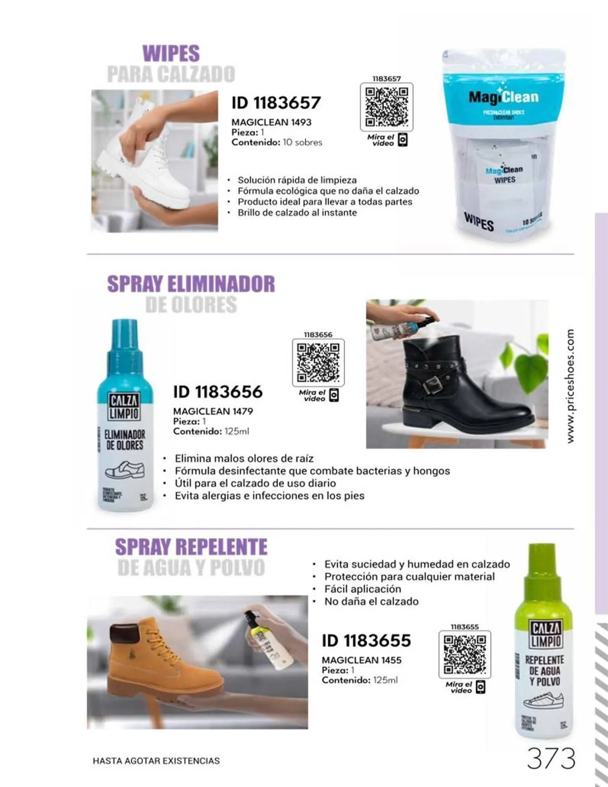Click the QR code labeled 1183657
point(386,107)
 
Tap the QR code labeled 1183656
point(318,362)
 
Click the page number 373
point(551,759)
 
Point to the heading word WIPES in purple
point(171,54)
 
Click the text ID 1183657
point(276,103)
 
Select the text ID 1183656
point(218,392)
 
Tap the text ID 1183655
point(366,641)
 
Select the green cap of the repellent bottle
point(541,571)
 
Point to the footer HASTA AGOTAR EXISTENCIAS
point(156,761)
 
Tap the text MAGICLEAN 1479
point(213,411)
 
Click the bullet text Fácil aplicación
point(362,589)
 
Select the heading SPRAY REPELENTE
point(191,547)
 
